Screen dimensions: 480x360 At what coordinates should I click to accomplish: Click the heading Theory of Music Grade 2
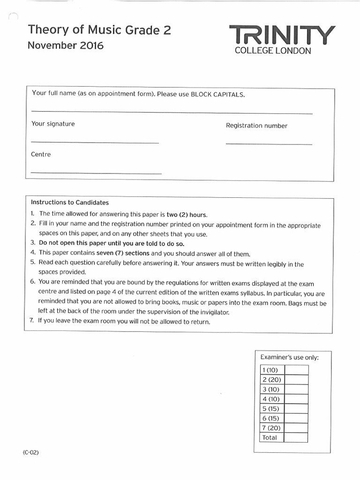99,30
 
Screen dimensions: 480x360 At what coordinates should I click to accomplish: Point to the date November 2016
66,45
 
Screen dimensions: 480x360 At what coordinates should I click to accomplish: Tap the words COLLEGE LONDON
273,51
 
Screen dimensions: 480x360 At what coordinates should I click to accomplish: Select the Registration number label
256,126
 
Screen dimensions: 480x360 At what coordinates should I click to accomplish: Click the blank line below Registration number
269,144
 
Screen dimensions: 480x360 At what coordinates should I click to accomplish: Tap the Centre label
41,154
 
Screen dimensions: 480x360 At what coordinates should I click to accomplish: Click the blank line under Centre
96,173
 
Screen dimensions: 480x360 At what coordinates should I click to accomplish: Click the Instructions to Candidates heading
70,202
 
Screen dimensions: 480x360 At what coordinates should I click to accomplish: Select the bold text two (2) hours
187,214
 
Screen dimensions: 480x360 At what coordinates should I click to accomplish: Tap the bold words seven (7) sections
124,254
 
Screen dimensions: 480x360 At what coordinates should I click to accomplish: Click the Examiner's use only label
289,358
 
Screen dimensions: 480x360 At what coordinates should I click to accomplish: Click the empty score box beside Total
296,437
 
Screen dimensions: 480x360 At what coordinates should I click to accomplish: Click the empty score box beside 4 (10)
296,399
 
